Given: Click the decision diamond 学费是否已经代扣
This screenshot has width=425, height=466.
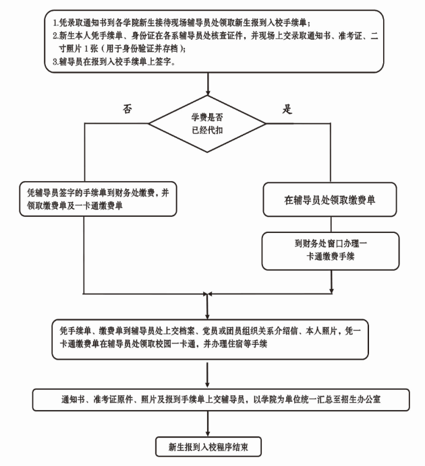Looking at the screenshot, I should tap(210, 125).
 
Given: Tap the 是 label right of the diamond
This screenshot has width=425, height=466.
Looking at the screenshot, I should tap(287, 108).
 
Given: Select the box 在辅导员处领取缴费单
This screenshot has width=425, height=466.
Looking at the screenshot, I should tap(330, 200).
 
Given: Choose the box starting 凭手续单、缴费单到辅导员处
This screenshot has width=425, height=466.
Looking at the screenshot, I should tap(212, 339).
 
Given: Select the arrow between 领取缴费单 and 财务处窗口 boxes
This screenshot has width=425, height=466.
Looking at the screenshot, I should tap(330, 224).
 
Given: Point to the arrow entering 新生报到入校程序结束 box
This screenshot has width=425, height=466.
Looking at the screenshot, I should tap(209, 424).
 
